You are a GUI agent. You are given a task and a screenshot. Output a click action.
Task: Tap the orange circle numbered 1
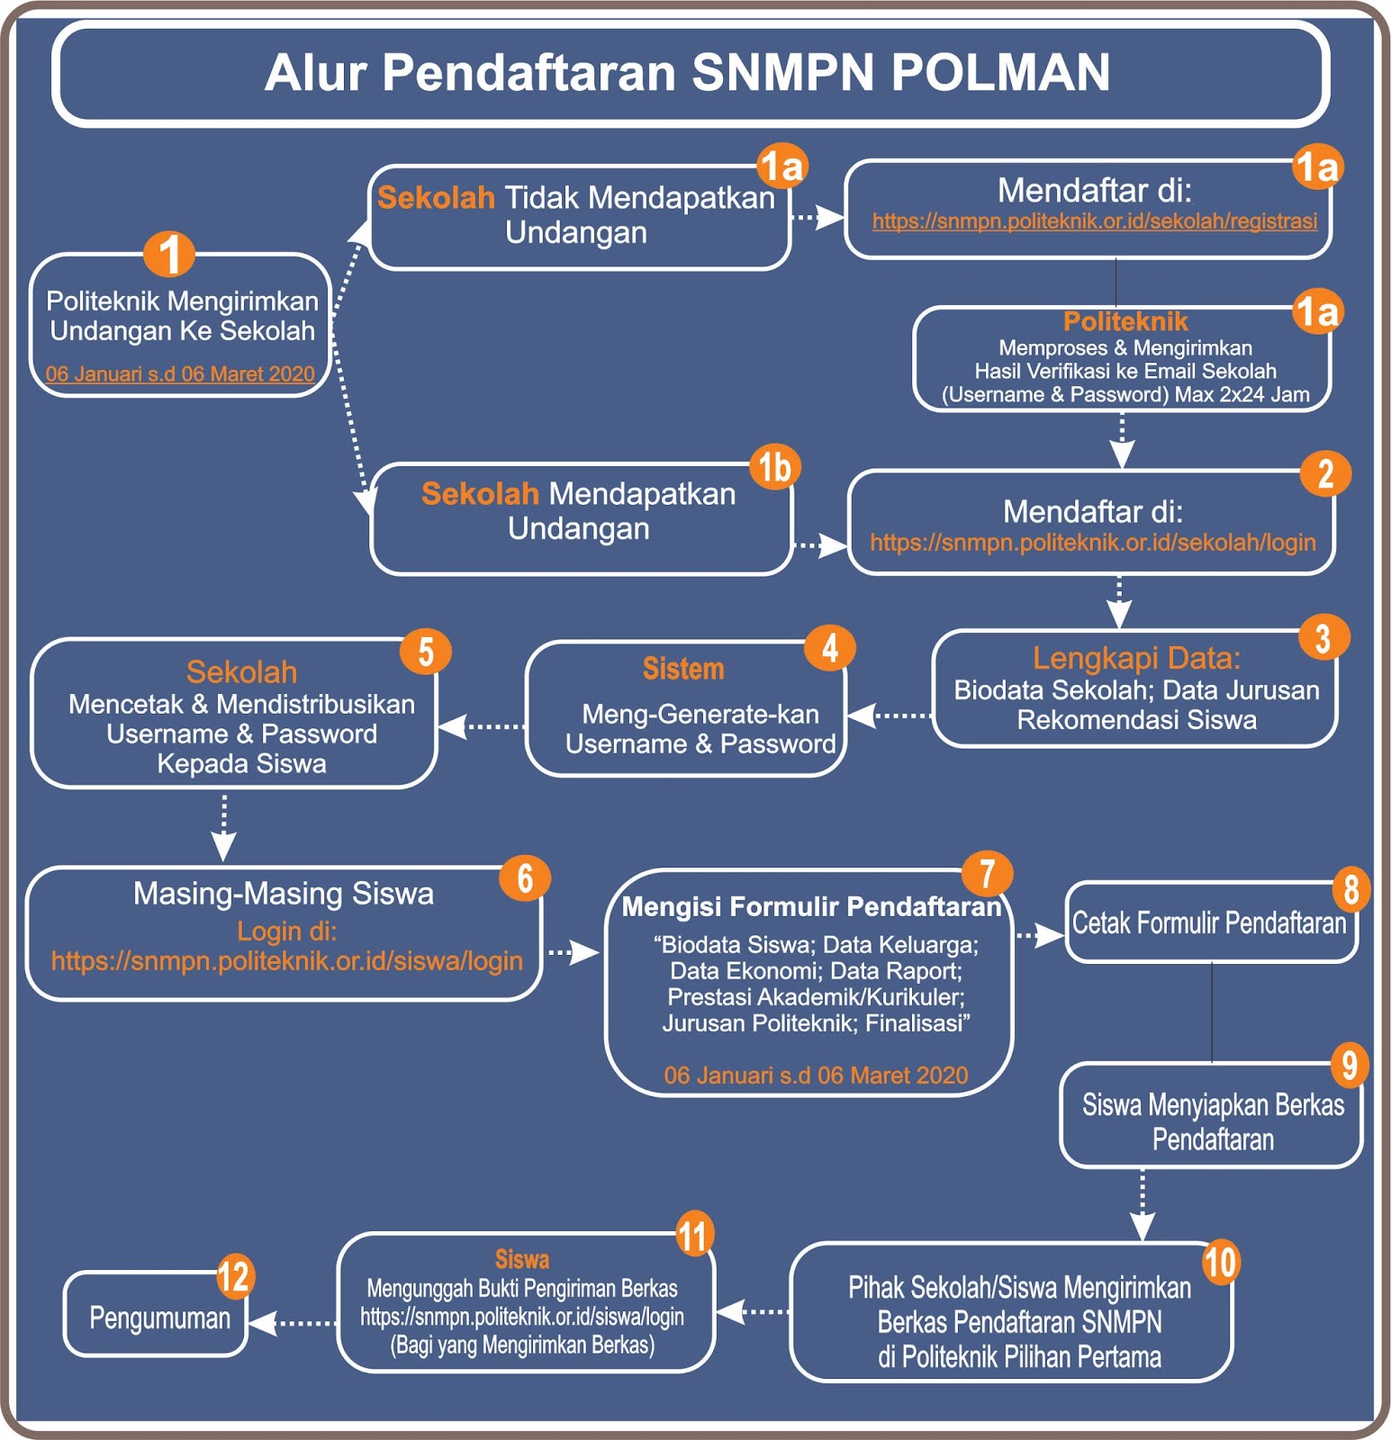tap(169, 254)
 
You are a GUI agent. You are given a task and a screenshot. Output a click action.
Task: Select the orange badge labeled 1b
tap(774, 467)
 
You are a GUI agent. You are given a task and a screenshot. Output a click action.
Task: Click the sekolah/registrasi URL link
tap(1094, 221)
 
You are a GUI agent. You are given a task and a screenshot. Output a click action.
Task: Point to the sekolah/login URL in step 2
tap(1092, 543)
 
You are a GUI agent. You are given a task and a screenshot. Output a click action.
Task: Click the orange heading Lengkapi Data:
tap(1136, 659)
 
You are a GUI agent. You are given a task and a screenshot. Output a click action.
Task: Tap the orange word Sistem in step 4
tap(683, 670)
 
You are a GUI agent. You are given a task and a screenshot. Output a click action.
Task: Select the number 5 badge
tap(426, 652)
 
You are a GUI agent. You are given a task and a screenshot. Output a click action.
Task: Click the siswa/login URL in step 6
tap(286, 961)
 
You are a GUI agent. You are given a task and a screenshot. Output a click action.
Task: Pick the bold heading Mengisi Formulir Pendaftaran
tap(811, 907)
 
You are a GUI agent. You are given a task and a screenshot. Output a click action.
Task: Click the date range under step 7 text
tap(816, 1075)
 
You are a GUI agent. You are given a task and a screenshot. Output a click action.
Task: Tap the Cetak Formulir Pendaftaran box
tap(1209, 923)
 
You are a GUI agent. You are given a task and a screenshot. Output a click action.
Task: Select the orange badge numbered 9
tap(1350, 1065)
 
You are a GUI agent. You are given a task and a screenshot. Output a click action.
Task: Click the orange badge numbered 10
tap(1220, 1262)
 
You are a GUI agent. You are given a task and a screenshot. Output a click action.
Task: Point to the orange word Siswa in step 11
tap(522, 1259)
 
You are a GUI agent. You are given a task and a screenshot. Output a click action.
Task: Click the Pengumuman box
tap(159, 1318)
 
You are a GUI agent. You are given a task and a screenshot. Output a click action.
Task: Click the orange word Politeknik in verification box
tap(1125, 322)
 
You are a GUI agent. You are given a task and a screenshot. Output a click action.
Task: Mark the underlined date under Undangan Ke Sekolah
tap(180, 374)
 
